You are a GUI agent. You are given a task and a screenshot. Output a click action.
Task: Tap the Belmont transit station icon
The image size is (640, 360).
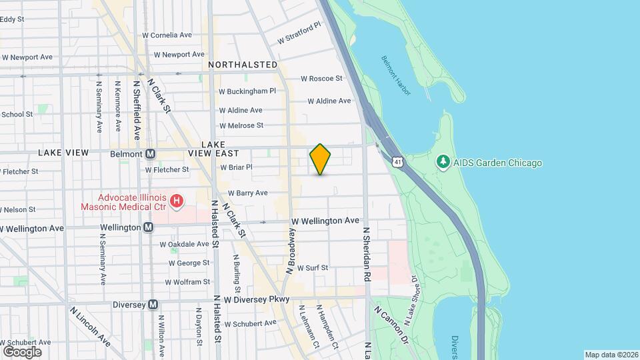click(x=151, y=154)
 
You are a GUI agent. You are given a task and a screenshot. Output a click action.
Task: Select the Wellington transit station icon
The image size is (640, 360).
click(x=148, y=227)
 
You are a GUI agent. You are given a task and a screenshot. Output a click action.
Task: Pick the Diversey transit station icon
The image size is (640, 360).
click(x=153, y=304)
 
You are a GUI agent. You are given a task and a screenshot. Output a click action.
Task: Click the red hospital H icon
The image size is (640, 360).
click(x=176, y=200)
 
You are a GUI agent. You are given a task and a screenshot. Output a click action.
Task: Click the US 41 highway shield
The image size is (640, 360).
click(x=397, y=162)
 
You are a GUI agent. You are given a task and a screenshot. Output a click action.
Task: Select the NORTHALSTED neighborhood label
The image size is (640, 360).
click(x=243, y=65)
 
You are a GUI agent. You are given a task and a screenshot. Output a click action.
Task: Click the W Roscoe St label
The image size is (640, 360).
click(x=321, y=78)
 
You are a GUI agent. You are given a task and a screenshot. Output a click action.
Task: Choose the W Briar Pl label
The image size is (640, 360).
click(x=237, y=167)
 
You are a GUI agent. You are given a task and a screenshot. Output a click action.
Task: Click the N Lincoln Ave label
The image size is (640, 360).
click(x=91, y=327)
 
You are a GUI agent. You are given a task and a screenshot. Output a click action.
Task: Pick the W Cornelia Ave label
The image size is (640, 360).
click(x=167, y=35)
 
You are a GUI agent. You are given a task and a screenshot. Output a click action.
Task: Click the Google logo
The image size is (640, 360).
click(x=22, y=351)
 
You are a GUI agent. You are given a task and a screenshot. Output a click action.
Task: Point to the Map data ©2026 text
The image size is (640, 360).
click(x=611, y=355)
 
